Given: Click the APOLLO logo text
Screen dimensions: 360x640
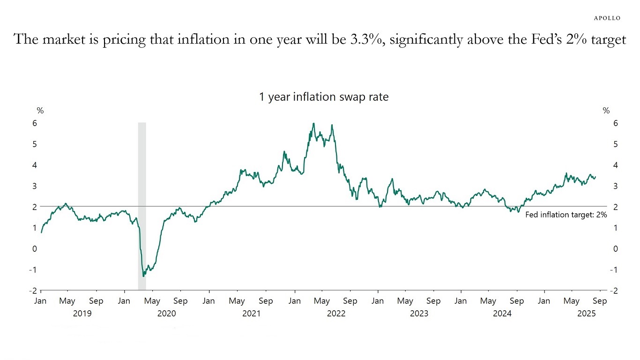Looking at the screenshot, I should (x=607, y=18).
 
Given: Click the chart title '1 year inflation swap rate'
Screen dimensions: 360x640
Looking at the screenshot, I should (x=324, y=97).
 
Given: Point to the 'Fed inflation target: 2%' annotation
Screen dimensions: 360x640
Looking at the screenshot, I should (x=566, y=215).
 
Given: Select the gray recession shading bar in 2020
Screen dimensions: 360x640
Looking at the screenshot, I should (x=142, y=206).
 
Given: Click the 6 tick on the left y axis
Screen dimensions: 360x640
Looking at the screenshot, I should (x=34, y=123).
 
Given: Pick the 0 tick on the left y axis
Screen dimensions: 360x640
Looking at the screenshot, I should (x=34, y=249).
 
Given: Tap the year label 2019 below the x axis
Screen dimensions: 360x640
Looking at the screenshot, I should (x=82, y=314).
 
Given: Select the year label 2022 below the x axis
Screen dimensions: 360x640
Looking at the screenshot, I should (x=336, y=314).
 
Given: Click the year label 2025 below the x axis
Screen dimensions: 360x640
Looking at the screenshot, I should (x=587, y=314).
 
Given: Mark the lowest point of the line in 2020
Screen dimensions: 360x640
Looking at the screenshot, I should (x=143, y=276).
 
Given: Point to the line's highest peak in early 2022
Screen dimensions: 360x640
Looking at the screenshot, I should (x=313, y=123).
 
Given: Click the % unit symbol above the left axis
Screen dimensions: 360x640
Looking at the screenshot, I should (x=40, y=111).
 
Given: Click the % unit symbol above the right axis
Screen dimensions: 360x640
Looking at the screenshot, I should (x=606, y=111).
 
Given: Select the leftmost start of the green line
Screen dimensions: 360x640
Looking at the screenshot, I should (x=41, y=232).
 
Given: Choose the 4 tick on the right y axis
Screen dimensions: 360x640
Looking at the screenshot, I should (x=612, y=165).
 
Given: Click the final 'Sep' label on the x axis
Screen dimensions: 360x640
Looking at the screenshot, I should (x=600, y=301).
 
